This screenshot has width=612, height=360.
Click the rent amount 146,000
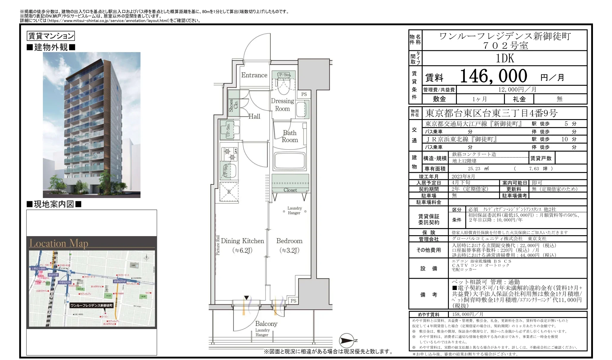point(494,76)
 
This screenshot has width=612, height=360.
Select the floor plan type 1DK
point(505,58)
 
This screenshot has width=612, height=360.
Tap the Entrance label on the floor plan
point(254,75)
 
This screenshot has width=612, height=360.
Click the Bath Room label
point(290,136)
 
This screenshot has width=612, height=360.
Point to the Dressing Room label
point(282,105)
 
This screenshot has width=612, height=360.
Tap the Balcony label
point(266,324)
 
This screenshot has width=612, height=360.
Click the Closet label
point(290,190)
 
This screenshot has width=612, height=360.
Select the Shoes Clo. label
point(233,106)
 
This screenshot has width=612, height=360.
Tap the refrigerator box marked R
point(229,192)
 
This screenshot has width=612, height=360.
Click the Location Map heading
point(59,243)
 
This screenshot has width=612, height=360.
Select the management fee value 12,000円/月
point(517,90)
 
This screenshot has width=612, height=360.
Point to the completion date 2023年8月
point(463,176)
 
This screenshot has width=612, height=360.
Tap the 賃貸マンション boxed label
point(51,36)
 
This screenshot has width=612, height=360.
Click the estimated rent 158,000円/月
point(467,314)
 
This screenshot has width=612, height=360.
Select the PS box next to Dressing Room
point(304,94)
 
